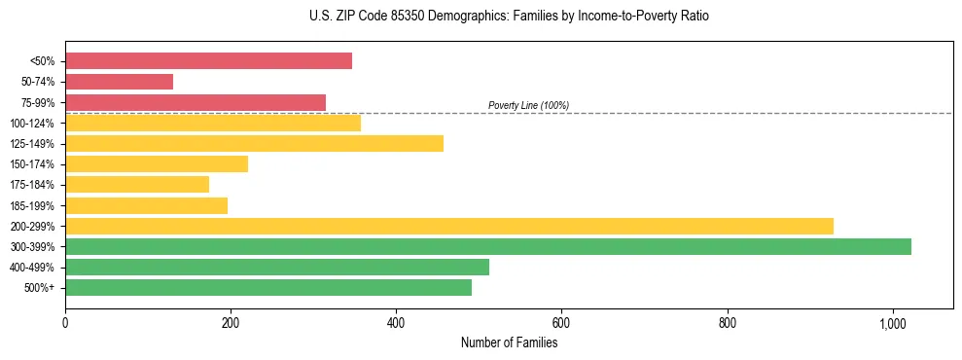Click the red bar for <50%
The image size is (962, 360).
[208, 61]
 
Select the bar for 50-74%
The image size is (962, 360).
[119, 82]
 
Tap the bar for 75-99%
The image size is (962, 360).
[196, 102]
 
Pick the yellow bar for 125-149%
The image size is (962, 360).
[254, 144]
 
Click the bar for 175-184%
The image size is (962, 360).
[137, 185]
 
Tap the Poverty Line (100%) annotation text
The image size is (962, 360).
[528, 105]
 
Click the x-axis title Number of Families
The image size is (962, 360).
[509, 342]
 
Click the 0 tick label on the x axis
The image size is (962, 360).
[65, 322]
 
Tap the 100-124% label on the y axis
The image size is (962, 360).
[32, 124]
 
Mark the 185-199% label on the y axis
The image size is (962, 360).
[32, 206]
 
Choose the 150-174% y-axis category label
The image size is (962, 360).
[32, 164]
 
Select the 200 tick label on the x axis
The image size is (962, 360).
[231, 322]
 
